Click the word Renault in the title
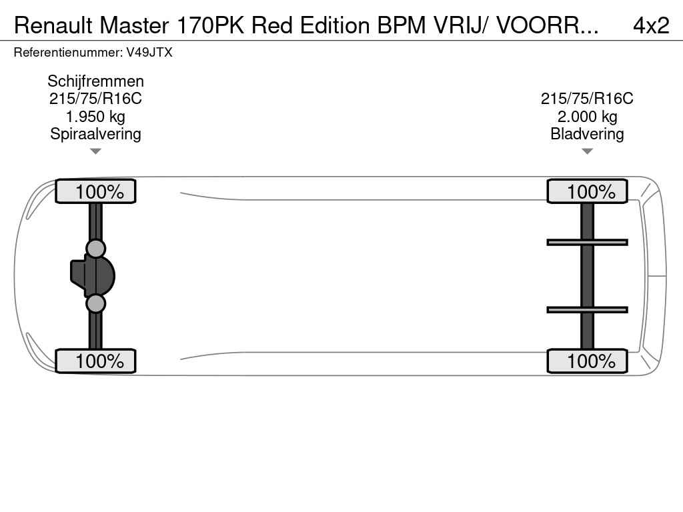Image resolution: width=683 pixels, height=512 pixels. click(53, 25)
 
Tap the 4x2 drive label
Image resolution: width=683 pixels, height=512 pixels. click(650, 25)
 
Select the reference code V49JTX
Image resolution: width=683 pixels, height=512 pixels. click(149, 52)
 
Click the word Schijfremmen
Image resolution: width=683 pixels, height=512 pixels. click(95, 81)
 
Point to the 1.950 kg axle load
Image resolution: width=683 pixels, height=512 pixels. click(95, 117)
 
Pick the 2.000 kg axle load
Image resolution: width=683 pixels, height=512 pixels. click(587, 117)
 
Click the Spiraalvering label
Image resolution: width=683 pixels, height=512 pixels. click(95, 134)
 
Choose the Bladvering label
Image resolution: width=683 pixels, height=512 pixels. click(587, 134)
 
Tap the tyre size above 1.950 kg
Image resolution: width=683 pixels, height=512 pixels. click(95, 99)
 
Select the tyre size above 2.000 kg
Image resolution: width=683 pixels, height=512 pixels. click(587, 99)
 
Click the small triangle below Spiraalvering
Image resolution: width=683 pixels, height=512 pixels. click(95, 151)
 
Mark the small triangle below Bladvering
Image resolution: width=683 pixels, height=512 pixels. click(587, 151)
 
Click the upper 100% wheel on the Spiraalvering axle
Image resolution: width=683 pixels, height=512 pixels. click(95, 191)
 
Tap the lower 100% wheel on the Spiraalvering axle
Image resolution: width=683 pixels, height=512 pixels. click(95, 361)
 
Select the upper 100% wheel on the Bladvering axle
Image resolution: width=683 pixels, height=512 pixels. click(587, 191)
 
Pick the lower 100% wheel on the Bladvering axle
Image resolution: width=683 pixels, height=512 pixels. click(587, 361)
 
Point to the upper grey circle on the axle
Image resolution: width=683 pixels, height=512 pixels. click(96, 249)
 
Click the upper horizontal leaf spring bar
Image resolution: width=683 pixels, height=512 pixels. click(587, 242)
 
